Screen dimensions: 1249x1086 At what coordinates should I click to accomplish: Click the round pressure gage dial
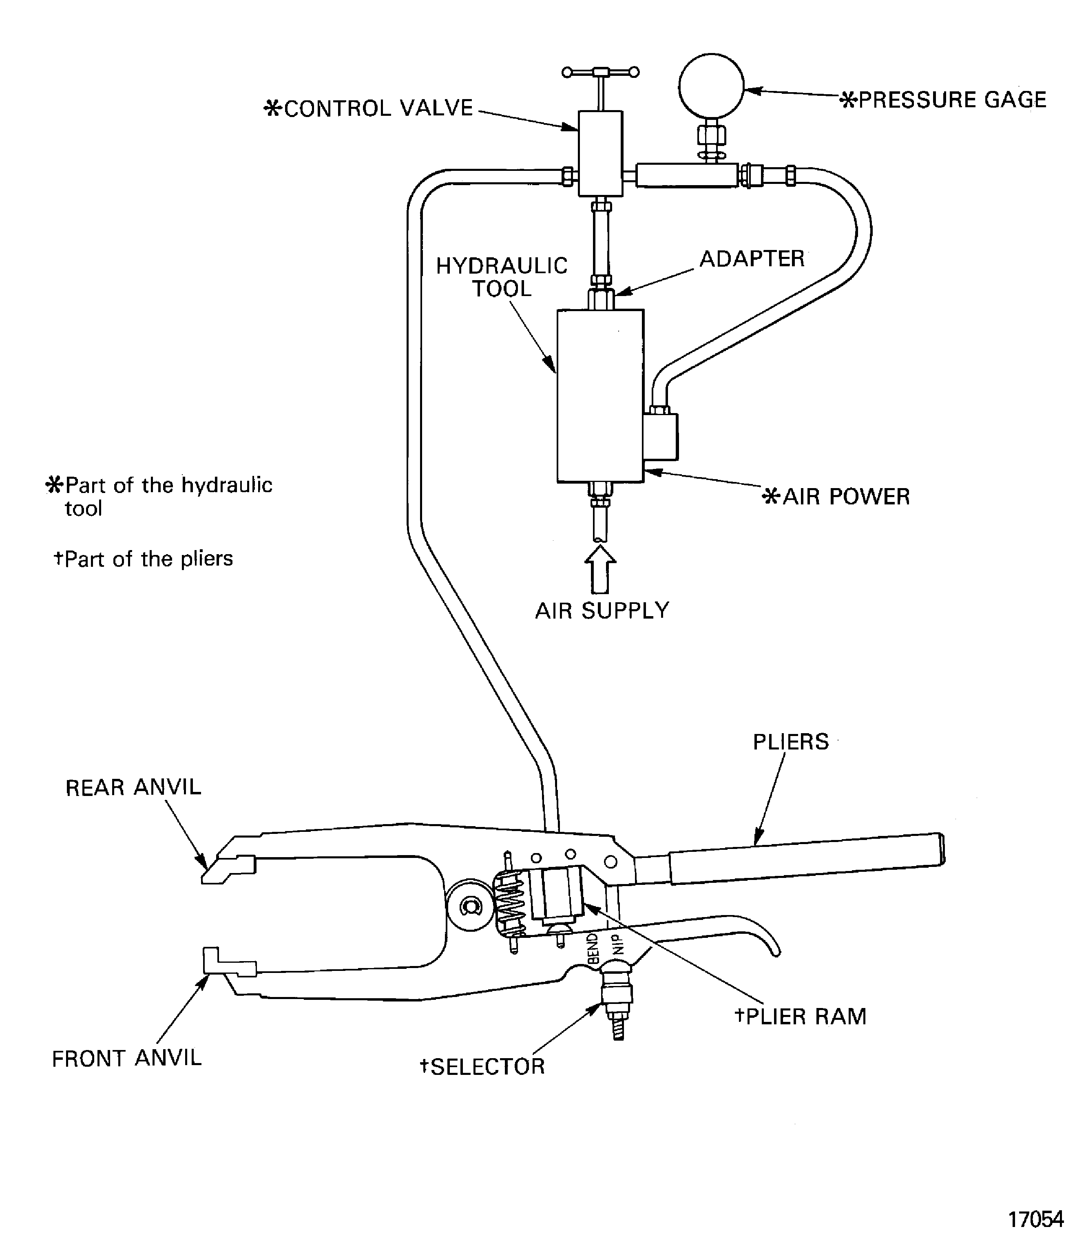click(x=711, y=86)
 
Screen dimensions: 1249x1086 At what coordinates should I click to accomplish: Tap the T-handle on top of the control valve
click(x=600, y=73)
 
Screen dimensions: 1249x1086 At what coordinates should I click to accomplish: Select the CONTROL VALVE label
click(x=369, y=108)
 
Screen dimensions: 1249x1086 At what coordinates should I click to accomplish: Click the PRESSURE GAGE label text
click(x=944, y=100)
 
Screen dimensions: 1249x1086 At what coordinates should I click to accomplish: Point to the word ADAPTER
click(x=752, y=259)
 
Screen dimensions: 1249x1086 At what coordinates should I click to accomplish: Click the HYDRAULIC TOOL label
click(x=502, y=277)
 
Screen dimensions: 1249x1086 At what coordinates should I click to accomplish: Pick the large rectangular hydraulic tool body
click(x=600, y=396)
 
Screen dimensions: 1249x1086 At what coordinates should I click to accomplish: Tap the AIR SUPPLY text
click(x=602, y=610)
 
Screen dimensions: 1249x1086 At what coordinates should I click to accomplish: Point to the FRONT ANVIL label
click(x=127, y=1059)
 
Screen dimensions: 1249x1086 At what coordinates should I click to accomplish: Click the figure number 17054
click(x=1035, y=1219)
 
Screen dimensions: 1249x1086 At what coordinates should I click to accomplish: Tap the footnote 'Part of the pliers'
click(x=143, y=559)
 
